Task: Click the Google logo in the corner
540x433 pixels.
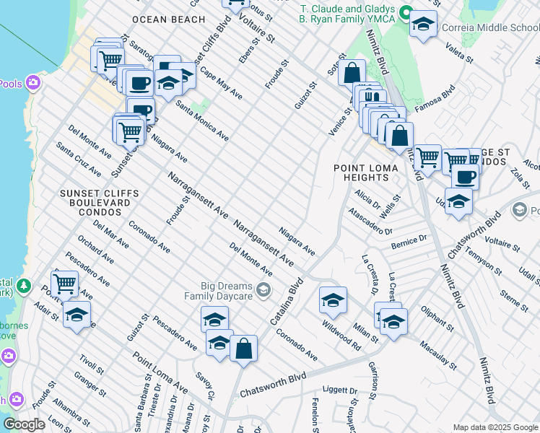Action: coord(25,424)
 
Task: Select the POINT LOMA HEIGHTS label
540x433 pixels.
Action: coord(362,172)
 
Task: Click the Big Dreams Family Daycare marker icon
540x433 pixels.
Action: coord(264,290)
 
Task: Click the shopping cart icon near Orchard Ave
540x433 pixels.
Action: coord(64,284)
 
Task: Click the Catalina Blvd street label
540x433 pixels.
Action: coord(288,304)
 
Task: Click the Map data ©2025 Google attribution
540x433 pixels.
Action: coord(495,427)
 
